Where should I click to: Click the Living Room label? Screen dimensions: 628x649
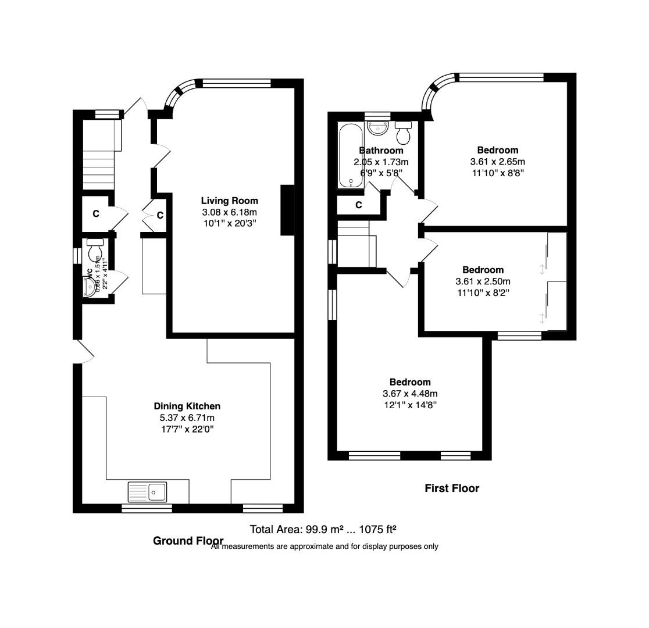(x=230, y=201)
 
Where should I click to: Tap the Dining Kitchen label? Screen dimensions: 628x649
(x=187, y=406)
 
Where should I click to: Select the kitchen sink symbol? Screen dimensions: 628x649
(x=148, y=492)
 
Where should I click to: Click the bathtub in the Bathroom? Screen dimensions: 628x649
(x=351, y=155)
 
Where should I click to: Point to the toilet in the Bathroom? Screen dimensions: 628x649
(x=402, y=133)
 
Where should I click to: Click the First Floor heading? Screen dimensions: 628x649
(x=452, y=488)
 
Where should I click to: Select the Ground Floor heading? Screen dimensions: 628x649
(x=188, y=541)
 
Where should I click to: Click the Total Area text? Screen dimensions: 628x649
(x=323, y=530)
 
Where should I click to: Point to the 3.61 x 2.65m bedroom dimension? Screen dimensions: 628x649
(x=497, y=162)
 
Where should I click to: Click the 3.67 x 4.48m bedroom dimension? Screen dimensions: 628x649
(x=409, y=394)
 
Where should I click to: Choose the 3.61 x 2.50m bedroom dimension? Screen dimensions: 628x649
(x=483, y=281)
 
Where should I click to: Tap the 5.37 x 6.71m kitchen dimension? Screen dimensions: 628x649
(x=187, y=418)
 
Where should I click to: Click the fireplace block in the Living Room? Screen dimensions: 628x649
(x=287, y=210)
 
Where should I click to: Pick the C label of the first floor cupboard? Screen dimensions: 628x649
(x=359, y=205)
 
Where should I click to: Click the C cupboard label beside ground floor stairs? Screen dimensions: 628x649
(x=96, y=213)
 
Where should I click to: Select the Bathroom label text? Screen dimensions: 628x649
(x=381, y=151)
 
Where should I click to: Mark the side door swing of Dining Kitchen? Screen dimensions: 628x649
(x=84, y=352)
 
